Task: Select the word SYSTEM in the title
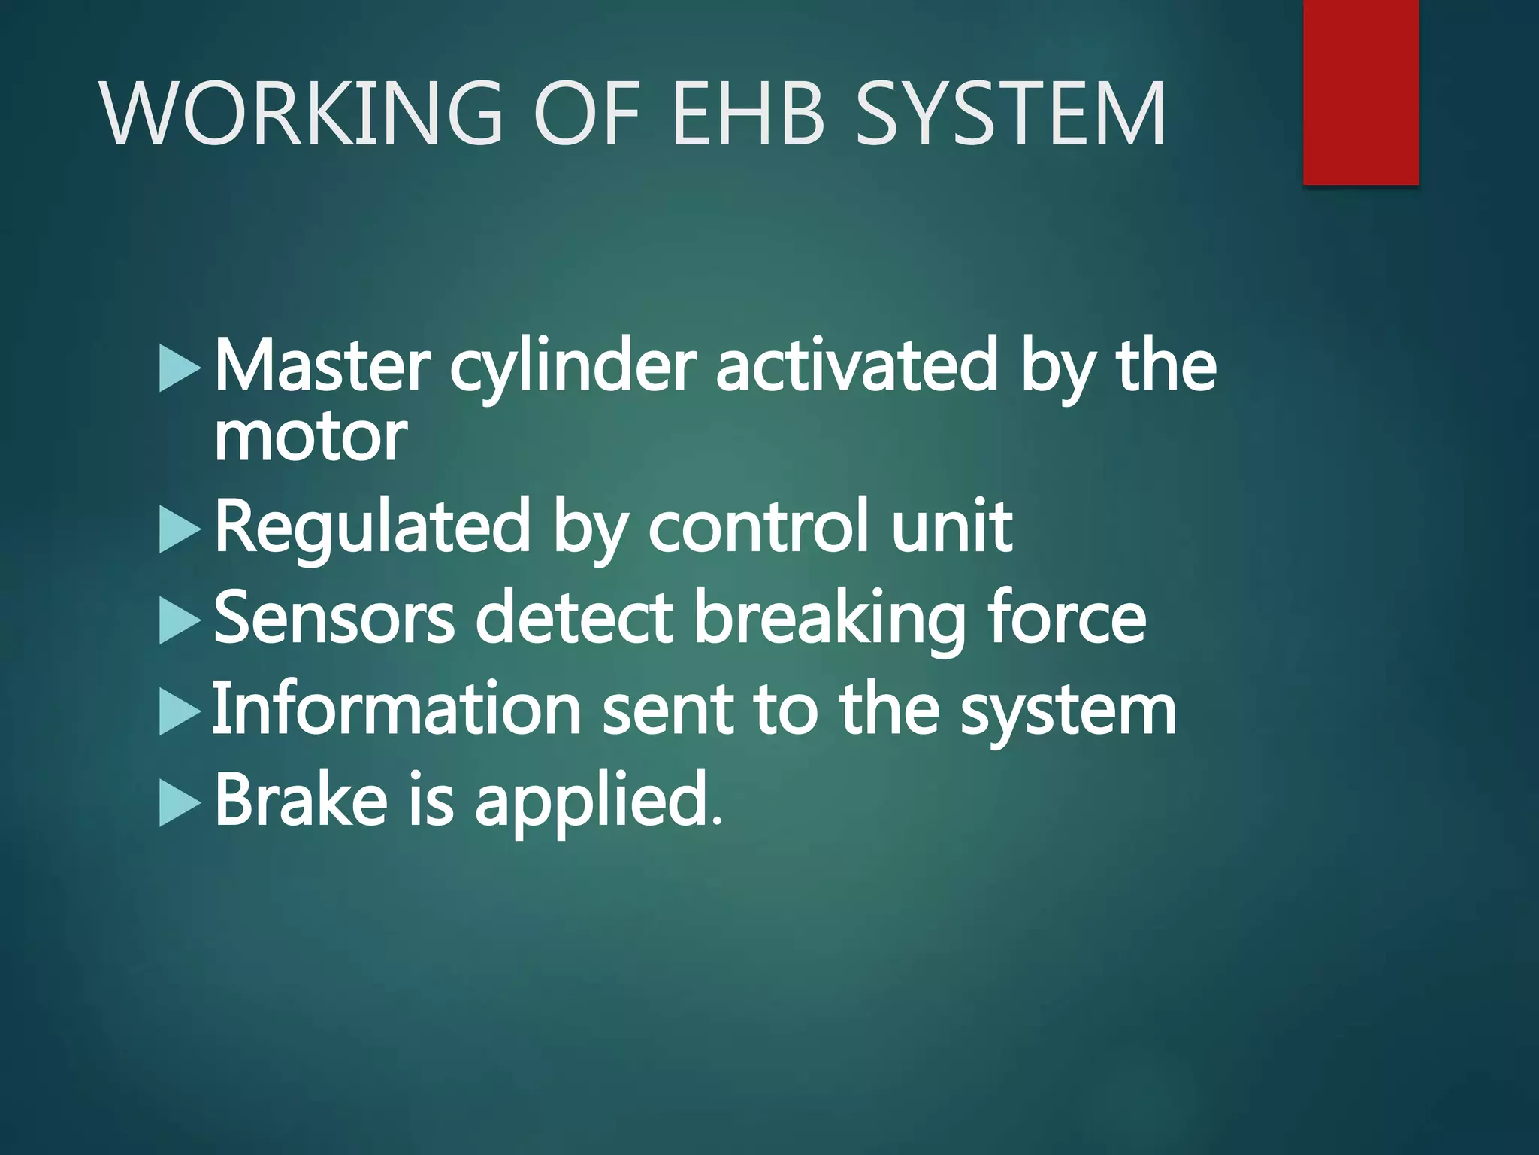click(1010, 114)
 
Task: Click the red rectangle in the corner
click(1360, 92)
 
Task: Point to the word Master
click(322, 366)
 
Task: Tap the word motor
click(310, 438)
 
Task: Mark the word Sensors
click(334, 619)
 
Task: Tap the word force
click(1067, 618)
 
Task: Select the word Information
click(397, 709)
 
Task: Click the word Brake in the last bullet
click(301, 799)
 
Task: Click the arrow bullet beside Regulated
click(180, 530)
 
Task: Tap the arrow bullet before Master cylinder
click(180, 368)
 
